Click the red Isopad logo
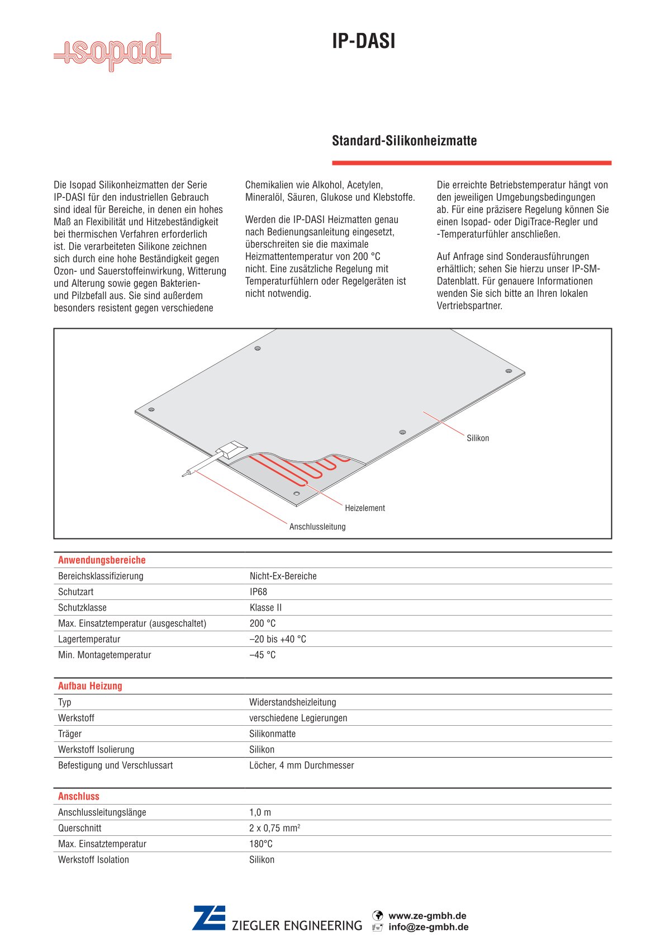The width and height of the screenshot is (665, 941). (112, 53)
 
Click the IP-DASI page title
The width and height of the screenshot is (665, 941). (363, 41)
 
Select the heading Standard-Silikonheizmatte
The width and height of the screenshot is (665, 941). (404, 140)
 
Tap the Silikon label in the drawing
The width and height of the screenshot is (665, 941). (478, 438)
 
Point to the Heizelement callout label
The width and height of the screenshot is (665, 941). (365, 508)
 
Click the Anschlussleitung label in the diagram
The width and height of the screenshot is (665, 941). (317, 527)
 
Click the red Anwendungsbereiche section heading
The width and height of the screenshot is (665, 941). (102, 560)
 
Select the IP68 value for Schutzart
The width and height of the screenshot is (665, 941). (258, 592)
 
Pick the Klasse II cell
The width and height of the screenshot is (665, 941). (265, 608)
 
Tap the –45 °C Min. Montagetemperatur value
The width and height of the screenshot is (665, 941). (262, 655)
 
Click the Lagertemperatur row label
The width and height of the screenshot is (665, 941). (89, 639)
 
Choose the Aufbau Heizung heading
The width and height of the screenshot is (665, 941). (90, 686)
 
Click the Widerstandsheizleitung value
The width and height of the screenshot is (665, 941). (292, 702)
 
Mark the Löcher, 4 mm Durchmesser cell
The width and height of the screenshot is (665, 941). (301, 765)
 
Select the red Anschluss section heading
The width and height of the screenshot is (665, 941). (79, 796)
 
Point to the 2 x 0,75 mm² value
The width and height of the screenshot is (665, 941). (274, 828)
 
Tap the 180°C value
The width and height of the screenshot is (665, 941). (261, 844)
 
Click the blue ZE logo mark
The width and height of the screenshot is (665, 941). (209, 918)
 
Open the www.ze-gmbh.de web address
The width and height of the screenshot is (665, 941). (427, 916)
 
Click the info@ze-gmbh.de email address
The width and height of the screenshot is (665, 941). (428, 927)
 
